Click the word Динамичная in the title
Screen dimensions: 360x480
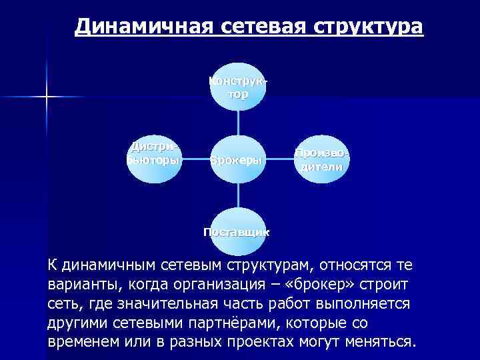coord(142,27)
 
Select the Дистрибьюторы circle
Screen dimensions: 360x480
coord(154,159)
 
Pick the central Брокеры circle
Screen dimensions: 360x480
coord(239,160)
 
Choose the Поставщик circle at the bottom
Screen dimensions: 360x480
coord(239,229)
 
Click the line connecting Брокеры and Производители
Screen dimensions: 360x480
coord(281,160)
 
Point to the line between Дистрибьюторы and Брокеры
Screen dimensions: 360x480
coord(196,160)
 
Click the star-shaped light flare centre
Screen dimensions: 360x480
coord(47,99)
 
